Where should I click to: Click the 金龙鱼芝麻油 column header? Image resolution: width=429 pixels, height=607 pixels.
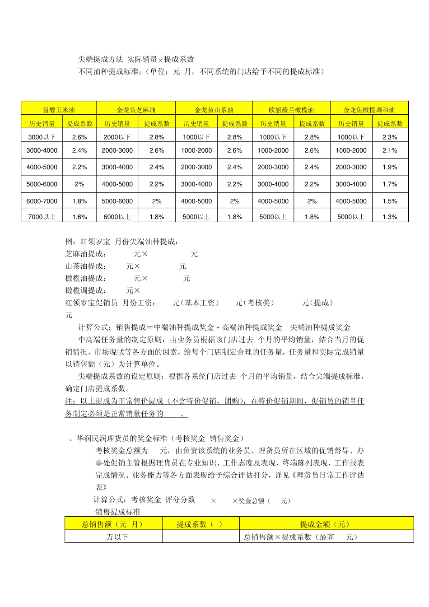pyautogui.click(x=136, y=110)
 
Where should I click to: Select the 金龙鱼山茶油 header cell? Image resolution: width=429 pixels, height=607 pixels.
pyautogui.click(x=214, y=110)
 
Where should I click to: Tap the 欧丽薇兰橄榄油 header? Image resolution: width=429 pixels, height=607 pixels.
pyautogui.click(x=291, y=110)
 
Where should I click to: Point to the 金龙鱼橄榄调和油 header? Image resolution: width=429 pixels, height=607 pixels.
pyautogui.click(x=369, y=110)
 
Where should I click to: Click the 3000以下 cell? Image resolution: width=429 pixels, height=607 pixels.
pyautogui.click(x=42, y=137)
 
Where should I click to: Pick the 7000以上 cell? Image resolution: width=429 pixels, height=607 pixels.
pyautogui.click(x=42, y=217)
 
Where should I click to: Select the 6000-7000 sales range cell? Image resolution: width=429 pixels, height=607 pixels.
pyautogui.click(x=42, y=201)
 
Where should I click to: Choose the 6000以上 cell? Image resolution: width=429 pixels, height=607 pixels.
pyautogui.click(x=117, y=217)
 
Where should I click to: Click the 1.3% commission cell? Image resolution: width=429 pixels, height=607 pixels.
pyautogui.click(x=390, y=217)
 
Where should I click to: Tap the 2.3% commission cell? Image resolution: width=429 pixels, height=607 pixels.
pyautogui.click(x=390, y=137)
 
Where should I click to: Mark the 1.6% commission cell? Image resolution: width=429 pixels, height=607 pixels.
pyautogui.click(x=79, y=217)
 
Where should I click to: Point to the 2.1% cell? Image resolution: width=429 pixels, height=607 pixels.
pyautogui.click(x=390, y=150)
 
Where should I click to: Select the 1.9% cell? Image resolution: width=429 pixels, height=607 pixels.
pyautogui.click(x=390, y=167)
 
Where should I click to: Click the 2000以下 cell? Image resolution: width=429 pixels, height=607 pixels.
pyautogui.click(x=117, y=137)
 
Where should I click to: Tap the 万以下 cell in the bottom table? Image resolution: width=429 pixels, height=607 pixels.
pyautogui.click(x=117, y=537)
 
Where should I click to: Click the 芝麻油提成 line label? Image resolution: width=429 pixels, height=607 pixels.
pyautogui.click(x=85, y=254)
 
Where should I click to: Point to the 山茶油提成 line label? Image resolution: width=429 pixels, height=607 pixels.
pyautogui.click(x=85, y=266)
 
